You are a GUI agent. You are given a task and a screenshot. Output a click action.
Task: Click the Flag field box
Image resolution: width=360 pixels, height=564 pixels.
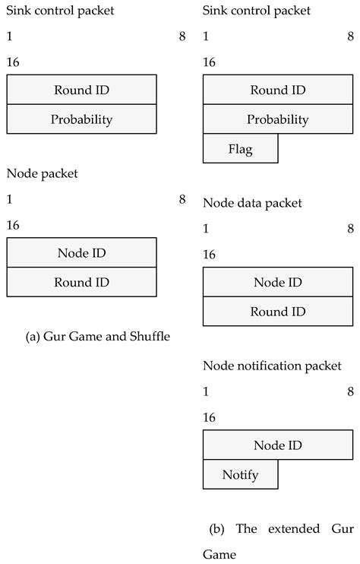pyautogui.click(x=240, y=149)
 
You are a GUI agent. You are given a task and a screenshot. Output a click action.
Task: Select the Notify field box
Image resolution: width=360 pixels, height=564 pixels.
pyautogui.click(x=240, y=475)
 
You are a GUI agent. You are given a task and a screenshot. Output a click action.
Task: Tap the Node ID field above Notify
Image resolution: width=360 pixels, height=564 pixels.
pyautogui.click(x=278, y=445)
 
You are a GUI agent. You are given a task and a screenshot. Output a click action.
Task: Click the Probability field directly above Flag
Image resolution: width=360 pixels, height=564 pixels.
pyautogui.click(x=278, y=119)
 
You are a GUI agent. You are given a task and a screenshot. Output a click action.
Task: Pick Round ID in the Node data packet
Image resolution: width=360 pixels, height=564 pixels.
pyautogui.click(x=278, y=312)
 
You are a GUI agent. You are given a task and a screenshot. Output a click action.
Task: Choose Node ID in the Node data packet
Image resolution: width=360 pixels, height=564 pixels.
pyautogui.click(x=278, y=282)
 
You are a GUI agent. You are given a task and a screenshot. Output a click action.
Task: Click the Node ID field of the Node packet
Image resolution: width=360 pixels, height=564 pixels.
pyautogui.click(x=81, y=252)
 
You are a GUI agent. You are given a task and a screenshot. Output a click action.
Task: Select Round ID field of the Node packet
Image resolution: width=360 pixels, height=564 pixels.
pyautogui.click(x=81, y=282)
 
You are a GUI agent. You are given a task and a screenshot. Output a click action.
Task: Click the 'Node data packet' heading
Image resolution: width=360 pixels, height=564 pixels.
pyautogui.click(x=252, y=203)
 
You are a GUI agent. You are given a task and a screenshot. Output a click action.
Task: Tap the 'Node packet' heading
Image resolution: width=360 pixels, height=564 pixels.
pyautogui.click(x=43, y=173)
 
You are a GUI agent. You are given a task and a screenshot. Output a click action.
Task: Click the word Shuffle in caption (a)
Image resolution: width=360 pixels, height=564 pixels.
pyautogui.click(x=149, y=337)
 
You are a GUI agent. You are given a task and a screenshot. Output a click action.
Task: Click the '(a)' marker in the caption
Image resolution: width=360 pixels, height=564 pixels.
pyautogui.click(x=33, y=337)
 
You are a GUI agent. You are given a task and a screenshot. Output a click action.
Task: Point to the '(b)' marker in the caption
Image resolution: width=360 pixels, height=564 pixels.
pyautogui.click(x=217, y=528)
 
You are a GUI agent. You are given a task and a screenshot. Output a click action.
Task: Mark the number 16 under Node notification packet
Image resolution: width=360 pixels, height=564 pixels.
pyautogui.click(x=210, y=418)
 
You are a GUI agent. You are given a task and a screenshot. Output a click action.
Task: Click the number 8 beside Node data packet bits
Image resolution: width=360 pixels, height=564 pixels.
pyautogui.click(x=350, y=229)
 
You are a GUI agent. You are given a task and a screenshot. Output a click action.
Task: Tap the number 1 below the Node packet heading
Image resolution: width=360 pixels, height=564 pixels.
pyautogui.click(x=9, y=199)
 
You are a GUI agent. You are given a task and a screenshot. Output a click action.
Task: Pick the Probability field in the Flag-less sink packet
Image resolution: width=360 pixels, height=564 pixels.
pyautogui.click(x=81, y=119)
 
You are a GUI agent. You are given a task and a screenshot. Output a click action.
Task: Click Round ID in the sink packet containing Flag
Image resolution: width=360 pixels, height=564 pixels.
pyautogui.click(x=278, y=90)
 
